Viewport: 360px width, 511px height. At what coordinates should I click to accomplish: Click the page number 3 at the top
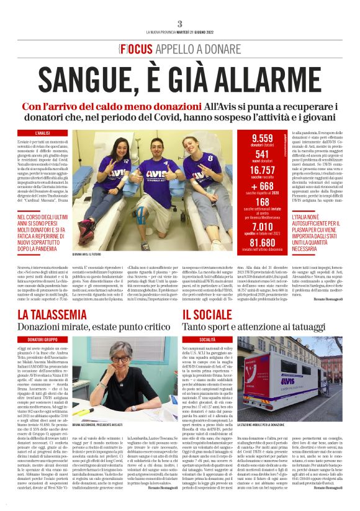tap(179, 23)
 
